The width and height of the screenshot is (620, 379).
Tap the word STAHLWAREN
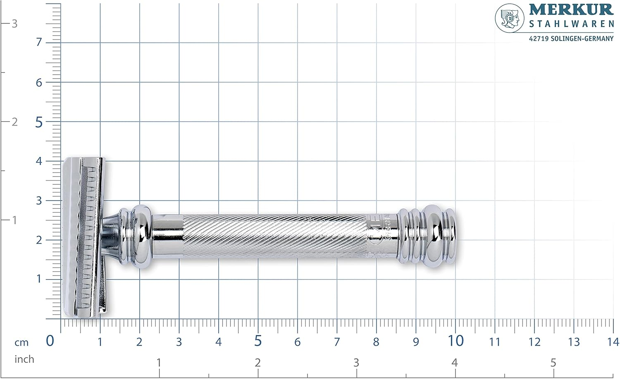(571, 24)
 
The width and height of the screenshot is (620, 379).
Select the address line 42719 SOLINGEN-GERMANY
(571, 38)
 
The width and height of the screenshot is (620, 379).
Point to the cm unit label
(21, 343)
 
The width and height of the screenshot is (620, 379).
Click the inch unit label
(24, 359)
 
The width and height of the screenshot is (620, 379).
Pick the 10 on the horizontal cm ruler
(455, 341)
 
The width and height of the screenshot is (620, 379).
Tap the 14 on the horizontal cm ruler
(613, 342)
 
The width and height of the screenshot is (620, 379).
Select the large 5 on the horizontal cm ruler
(258, 341)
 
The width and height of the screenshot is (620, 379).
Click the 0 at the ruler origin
(50, 341)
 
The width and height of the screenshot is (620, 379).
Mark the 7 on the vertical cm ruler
(39, 42)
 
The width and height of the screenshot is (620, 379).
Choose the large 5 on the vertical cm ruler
(39, 123)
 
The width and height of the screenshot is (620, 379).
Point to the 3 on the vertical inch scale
(14, 24)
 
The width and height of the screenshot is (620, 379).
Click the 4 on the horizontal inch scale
(454, 363)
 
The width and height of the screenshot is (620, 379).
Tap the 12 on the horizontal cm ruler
(534, 342)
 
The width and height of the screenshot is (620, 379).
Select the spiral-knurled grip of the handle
(273, 236)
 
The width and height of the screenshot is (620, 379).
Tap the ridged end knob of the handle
(428, 236)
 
